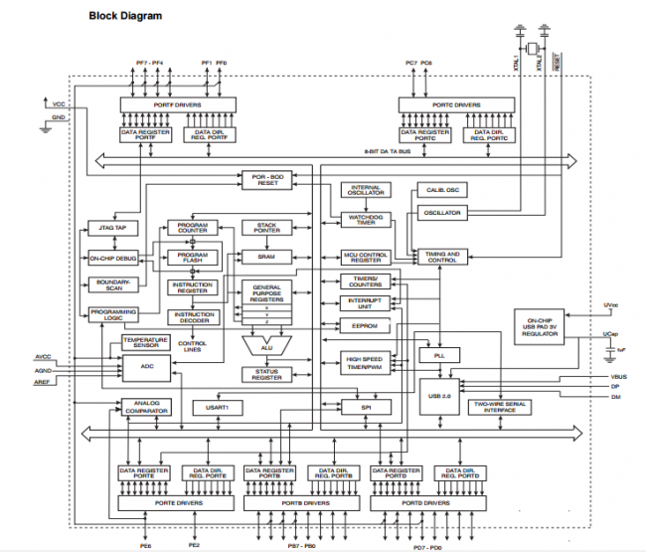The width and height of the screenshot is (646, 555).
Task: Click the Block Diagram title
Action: click(125, 16)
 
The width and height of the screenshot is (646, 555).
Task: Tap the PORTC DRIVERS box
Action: click(454, 104)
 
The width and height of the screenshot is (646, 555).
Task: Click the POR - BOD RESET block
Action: click(268, 179)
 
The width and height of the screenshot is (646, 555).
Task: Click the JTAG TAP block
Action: click(112, 227)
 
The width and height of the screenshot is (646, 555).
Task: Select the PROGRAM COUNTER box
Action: click(191, 228)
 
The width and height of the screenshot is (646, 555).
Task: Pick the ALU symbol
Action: click(265, 346)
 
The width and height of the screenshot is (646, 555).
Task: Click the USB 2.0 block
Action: click(438, 396)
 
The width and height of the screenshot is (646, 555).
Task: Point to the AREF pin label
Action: click(44, 380)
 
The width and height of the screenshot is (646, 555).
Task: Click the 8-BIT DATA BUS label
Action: click(390, 150)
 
